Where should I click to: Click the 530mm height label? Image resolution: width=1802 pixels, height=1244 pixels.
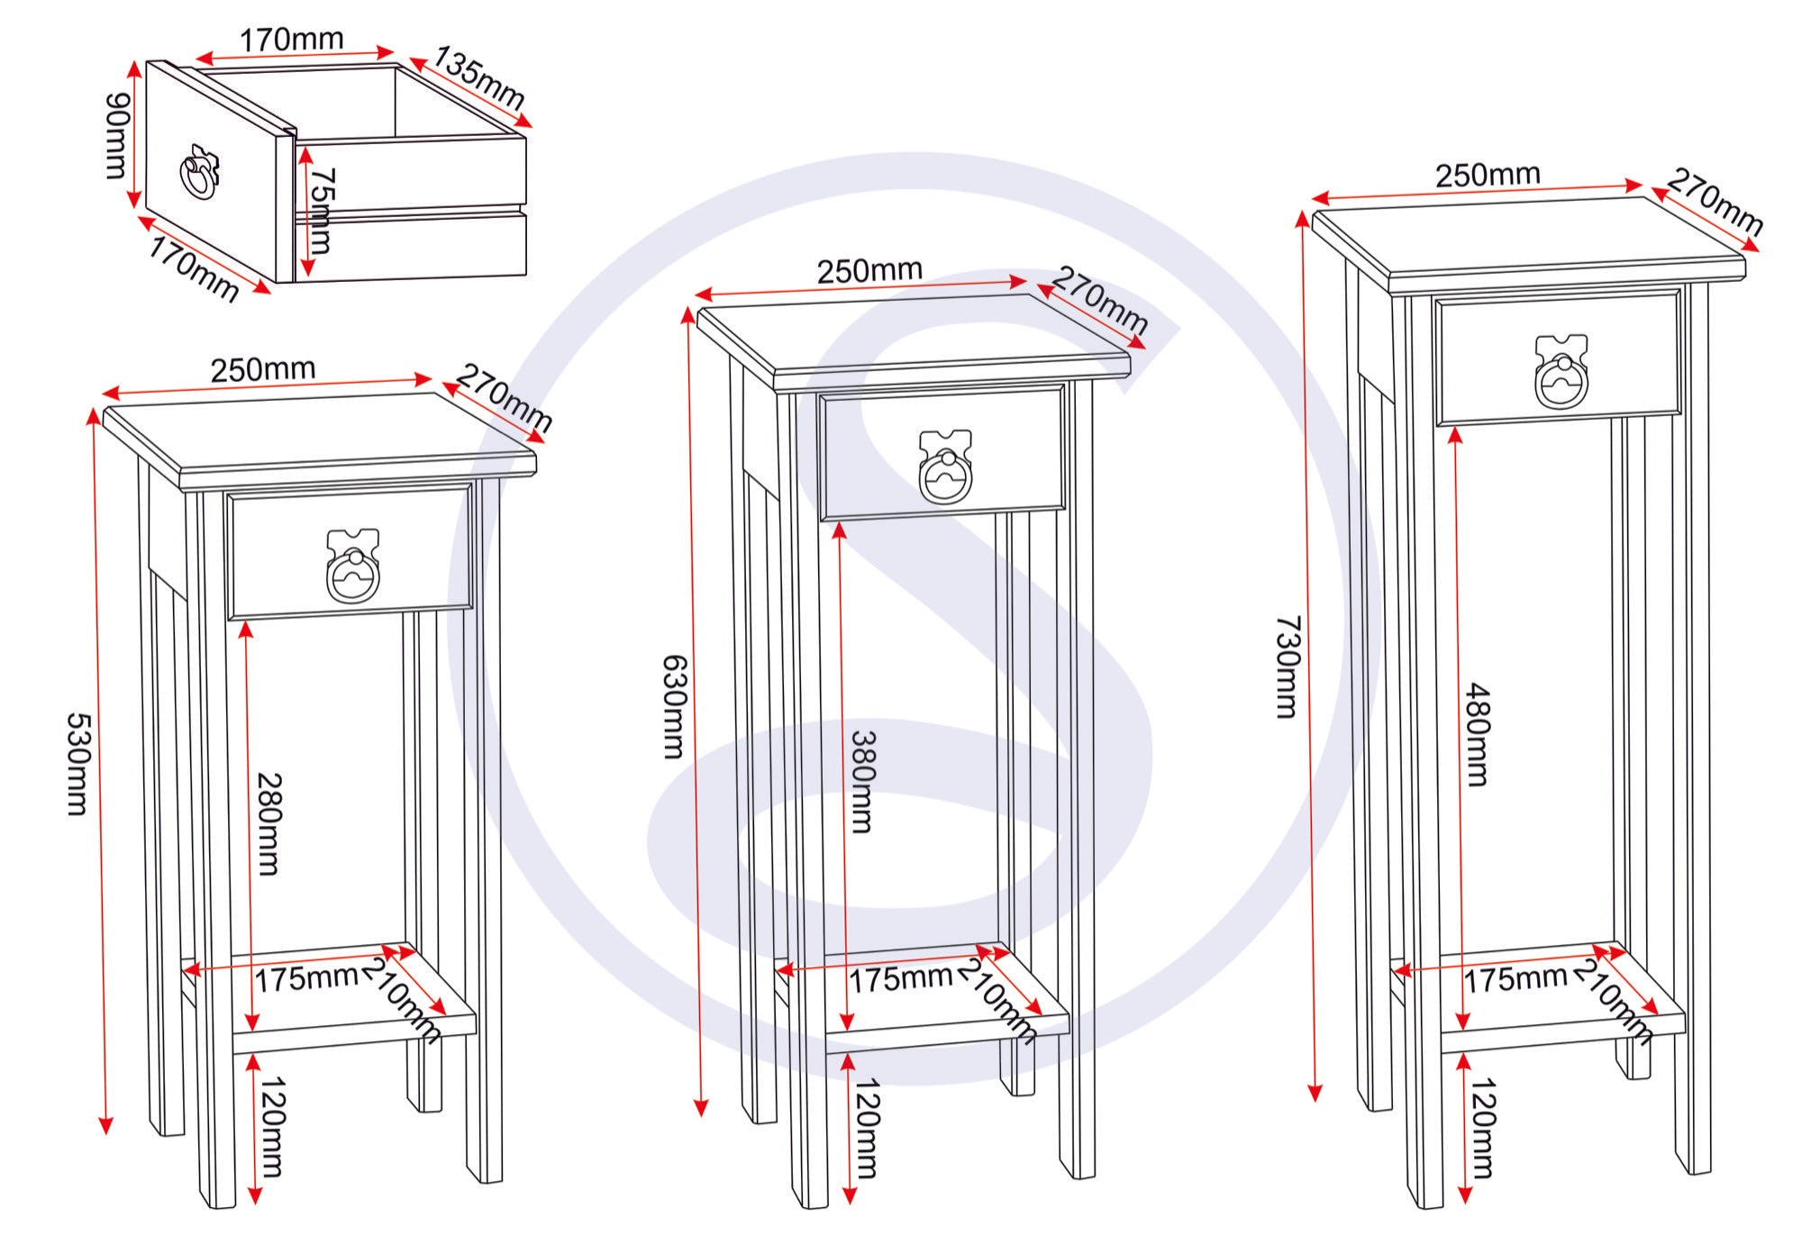coord(78,764)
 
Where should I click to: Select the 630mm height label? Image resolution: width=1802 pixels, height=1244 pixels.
coord(675,706)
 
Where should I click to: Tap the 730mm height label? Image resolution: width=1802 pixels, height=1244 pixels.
coord(1288,667)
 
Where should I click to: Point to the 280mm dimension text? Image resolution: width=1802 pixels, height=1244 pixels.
coord(268,823)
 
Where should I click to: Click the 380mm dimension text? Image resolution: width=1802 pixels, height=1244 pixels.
coord(863,781)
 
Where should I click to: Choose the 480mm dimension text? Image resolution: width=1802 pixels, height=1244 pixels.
coord(1478,734)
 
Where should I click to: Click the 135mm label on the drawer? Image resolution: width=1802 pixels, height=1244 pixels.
coord(479,77)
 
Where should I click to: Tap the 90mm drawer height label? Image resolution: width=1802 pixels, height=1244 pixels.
coord(118,135)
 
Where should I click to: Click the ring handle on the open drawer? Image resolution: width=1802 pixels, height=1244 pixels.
coord(199,172)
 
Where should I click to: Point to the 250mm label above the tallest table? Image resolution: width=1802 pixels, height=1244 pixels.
coord(1488,175)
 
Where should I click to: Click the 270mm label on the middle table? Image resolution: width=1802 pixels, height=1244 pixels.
coord(1100,300)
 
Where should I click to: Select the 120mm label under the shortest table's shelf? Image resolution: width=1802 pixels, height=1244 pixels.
coord(271,1127)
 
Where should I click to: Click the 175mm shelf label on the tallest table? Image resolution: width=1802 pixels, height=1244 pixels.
coord(1515,978)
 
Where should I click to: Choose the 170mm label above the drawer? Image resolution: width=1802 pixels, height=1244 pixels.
coord(291,40)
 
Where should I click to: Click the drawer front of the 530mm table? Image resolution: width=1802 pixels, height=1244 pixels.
coord(350,552)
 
